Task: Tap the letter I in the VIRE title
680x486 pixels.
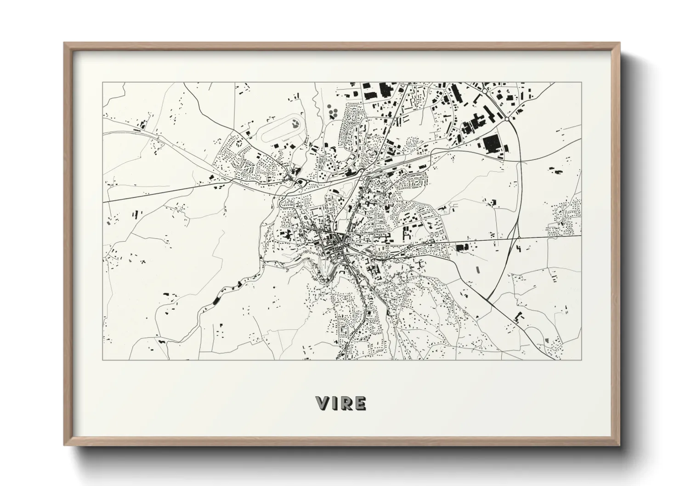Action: [336, 403]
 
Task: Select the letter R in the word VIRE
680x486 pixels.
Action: [347, 403]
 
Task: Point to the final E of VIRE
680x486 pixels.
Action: [361, 403]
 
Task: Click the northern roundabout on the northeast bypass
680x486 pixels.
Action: [485, 92]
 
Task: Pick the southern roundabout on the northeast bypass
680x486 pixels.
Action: [506, 119]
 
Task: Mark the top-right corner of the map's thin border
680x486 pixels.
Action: [581, 83]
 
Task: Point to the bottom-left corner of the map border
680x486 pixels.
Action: [102, 360]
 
